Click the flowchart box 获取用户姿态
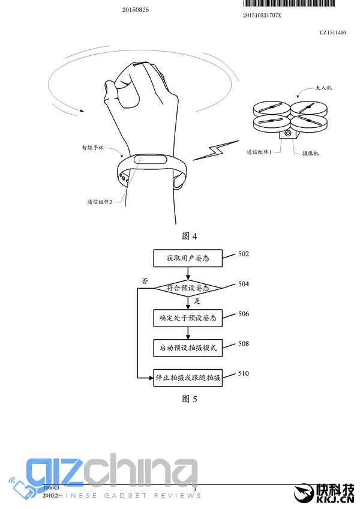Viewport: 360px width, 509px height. [188, 259]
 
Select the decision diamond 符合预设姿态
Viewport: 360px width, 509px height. [188, 289]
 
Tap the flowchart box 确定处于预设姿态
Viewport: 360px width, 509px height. [188, 318]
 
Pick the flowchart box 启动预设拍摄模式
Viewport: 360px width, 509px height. [188, 348]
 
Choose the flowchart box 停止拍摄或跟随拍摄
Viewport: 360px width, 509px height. [188, 378]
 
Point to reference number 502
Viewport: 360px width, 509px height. [243, 254]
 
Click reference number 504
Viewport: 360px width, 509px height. [243, 284]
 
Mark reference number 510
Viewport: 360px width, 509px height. [243, 373]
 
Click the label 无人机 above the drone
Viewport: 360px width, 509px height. [324, 88]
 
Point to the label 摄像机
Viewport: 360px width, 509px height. [310, 154]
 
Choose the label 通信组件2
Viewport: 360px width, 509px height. [100, 202]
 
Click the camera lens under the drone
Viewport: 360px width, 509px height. [289, 134]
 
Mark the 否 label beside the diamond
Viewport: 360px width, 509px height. [145, 280]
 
